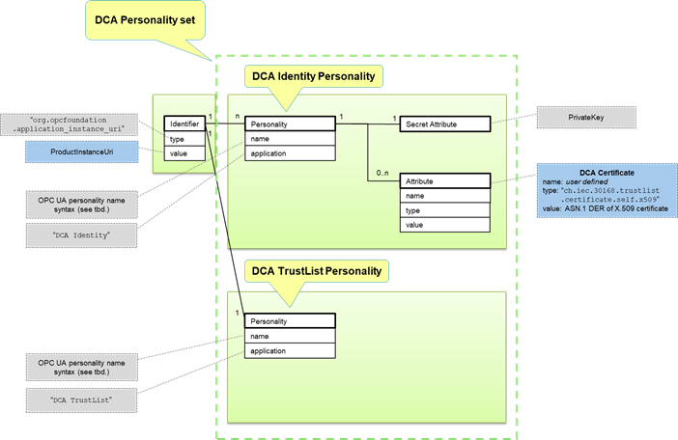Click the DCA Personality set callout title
tap(147, 17)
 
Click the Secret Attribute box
tap(445, 124)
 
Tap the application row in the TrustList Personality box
tap(289, 351)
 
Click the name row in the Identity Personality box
tap(289, 138)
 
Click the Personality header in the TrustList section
tap(289, 321)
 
